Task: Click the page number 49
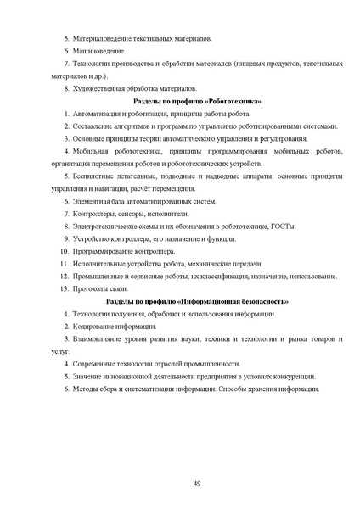click(197, 483)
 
